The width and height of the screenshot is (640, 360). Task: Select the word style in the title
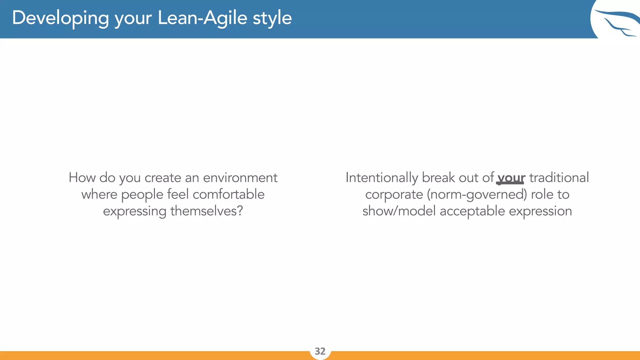pos(272,18)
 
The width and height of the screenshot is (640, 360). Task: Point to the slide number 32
pos(320,351)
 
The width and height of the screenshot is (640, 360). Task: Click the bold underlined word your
pos(511,178)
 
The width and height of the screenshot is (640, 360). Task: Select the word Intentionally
pos(382,178)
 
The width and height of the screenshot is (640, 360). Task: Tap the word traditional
pos(559,178)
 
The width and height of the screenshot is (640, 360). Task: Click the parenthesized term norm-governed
pos(477,195)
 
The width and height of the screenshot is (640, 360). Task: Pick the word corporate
pos(394,195)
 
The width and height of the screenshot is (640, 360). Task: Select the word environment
pos(240,178)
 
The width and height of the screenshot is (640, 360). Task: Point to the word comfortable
pos(228,194)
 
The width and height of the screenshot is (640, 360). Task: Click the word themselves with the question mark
pos(207,211)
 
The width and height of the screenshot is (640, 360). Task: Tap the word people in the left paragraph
pos(142,195)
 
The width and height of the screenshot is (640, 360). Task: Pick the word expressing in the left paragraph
pos(134,211)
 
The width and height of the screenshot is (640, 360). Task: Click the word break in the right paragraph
pos(438,178)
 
